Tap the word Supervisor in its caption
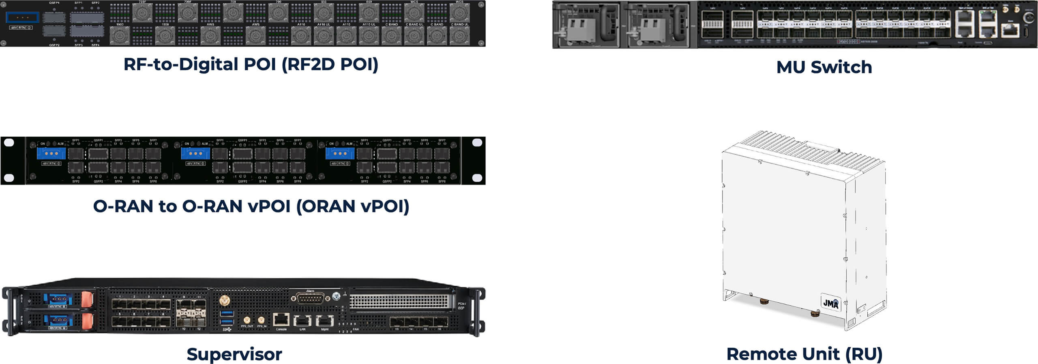coord(234,354)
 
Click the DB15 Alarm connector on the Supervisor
coord(307,299)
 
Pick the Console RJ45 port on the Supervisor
coord(281,320)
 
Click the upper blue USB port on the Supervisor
coord(227,313)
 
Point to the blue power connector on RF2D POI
coord(22,17)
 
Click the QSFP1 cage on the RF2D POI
coord(54,17)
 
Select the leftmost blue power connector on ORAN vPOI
coord(51,153)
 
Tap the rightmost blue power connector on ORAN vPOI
coord(340,153)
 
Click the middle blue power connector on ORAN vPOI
coord(195,153)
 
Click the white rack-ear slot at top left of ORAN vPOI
coord(9,142)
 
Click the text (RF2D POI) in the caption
coord(330,64)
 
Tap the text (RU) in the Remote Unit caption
coord(864,354)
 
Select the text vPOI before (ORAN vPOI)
coord(268,206)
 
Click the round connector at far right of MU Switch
coord(1029,18)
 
